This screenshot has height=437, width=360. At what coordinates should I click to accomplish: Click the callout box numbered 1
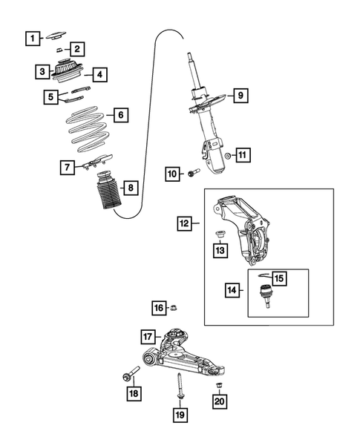[x=30, y=37]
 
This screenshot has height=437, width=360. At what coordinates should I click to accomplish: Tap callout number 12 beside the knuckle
[x=184, y=221]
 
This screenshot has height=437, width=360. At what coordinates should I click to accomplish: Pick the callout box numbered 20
[x=219, y=401]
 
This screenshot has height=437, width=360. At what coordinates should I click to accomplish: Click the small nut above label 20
[x=219, y=385]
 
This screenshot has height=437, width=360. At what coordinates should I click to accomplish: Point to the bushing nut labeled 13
[x=220, y=236]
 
